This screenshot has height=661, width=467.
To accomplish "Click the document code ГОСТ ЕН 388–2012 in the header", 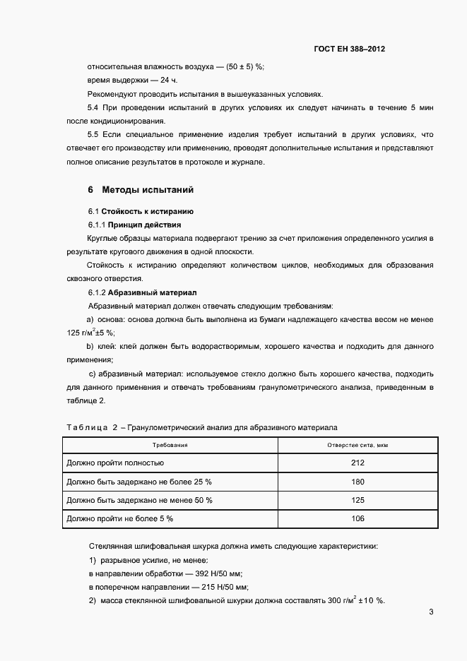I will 349,49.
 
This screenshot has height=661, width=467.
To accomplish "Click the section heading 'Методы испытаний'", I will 148,190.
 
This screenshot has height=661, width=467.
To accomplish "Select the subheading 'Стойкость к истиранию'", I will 148,211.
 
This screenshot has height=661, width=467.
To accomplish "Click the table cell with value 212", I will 357,463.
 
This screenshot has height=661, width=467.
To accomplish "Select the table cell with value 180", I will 357,482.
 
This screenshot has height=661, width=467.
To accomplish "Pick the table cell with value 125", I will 357,500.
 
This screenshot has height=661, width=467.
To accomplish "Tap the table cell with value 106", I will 357,518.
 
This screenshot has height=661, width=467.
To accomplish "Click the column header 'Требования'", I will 170,446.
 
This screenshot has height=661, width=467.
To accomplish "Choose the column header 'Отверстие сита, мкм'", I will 357,446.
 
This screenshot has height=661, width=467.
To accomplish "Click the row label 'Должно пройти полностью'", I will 115,463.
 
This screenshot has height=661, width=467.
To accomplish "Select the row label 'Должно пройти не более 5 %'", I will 119,518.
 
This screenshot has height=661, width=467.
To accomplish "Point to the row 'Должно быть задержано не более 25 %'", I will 138,482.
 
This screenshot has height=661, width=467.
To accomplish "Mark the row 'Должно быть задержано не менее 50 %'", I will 138,500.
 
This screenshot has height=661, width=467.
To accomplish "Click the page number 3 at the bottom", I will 431,612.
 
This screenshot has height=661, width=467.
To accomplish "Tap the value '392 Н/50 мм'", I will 217,574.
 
